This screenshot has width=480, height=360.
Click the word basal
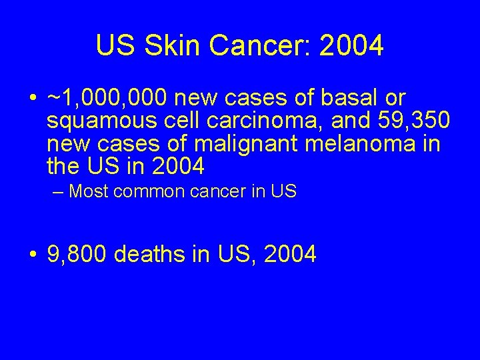[x=348, y=99]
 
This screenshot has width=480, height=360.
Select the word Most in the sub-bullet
[x=90, y=192]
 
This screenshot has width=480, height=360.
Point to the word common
[x=145, y=192]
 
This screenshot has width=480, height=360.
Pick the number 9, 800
[x=78, y=254]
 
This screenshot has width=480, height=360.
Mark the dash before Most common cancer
[x=58, y=192]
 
